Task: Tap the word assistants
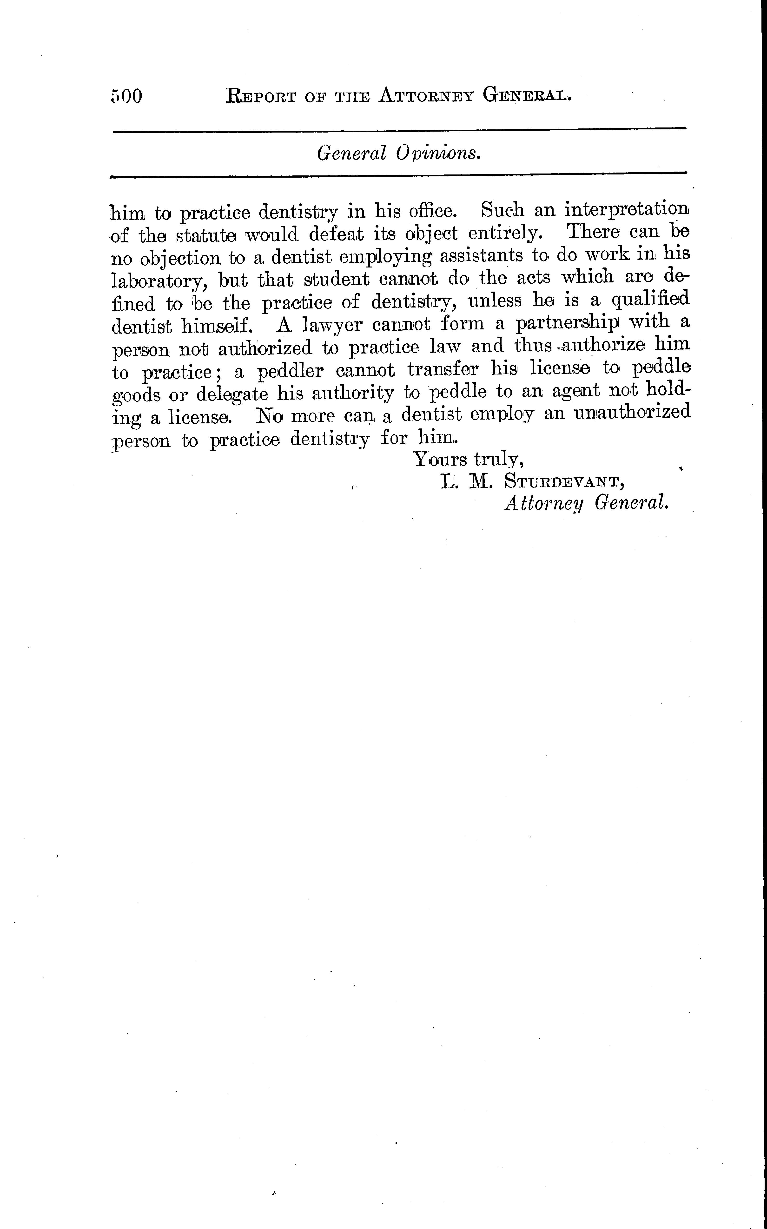click(481, 255)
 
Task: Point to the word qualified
click(650, 301)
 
